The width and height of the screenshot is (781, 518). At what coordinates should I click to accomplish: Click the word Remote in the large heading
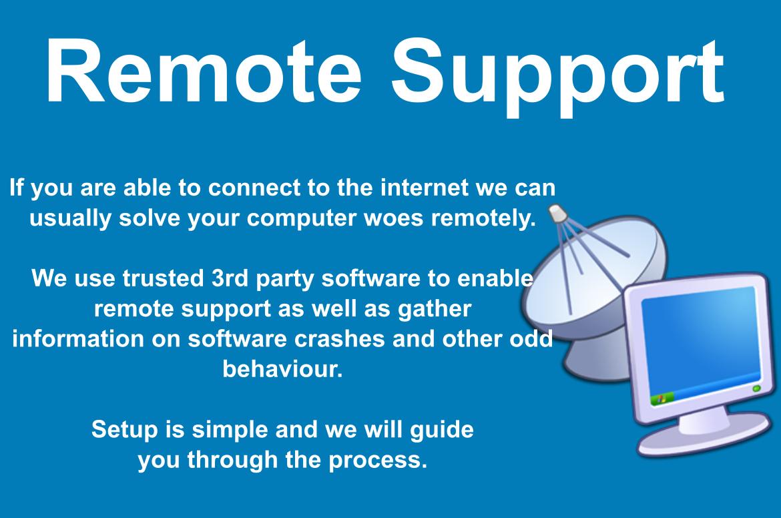pos(204,71)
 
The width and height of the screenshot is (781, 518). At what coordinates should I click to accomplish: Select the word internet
pos(425,188)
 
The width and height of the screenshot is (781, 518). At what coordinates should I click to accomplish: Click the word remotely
pos(483,219)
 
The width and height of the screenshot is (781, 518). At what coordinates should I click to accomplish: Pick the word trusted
pos(164,278)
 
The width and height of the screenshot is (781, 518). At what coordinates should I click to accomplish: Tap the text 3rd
pos(229,278)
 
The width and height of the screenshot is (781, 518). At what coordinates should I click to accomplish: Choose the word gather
pos(435,309)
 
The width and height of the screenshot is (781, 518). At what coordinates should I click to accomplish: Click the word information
pos(77,338)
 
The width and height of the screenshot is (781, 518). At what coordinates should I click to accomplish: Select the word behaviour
pos(282,369)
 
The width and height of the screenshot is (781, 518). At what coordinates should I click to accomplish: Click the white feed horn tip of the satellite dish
pos(558,214)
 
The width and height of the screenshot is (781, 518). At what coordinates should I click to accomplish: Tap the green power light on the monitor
pos(756,388)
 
